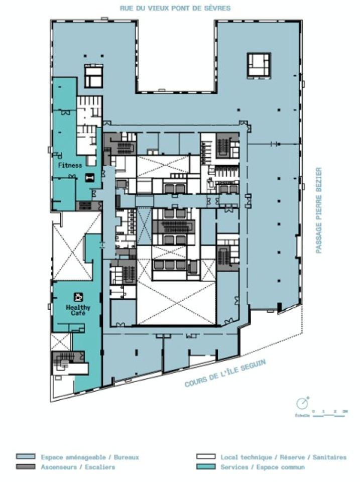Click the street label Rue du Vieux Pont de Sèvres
tap(176, 9)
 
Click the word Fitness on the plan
tap(70, 165)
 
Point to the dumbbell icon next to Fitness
tap(90, 176)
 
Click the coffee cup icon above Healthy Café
tap(78, 296)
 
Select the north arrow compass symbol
tap(301, 403)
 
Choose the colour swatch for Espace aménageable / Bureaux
tap(26, 457)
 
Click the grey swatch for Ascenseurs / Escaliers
tap(26, 467)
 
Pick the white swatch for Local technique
tap(205, 457)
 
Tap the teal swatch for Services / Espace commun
tap(205, 467)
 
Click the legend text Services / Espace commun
tap(262, 467)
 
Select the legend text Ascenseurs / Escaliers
tap(78, 467)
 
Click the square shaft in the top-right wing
tap(259, 64)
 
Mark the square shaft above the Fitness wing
tap(93, 77)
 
